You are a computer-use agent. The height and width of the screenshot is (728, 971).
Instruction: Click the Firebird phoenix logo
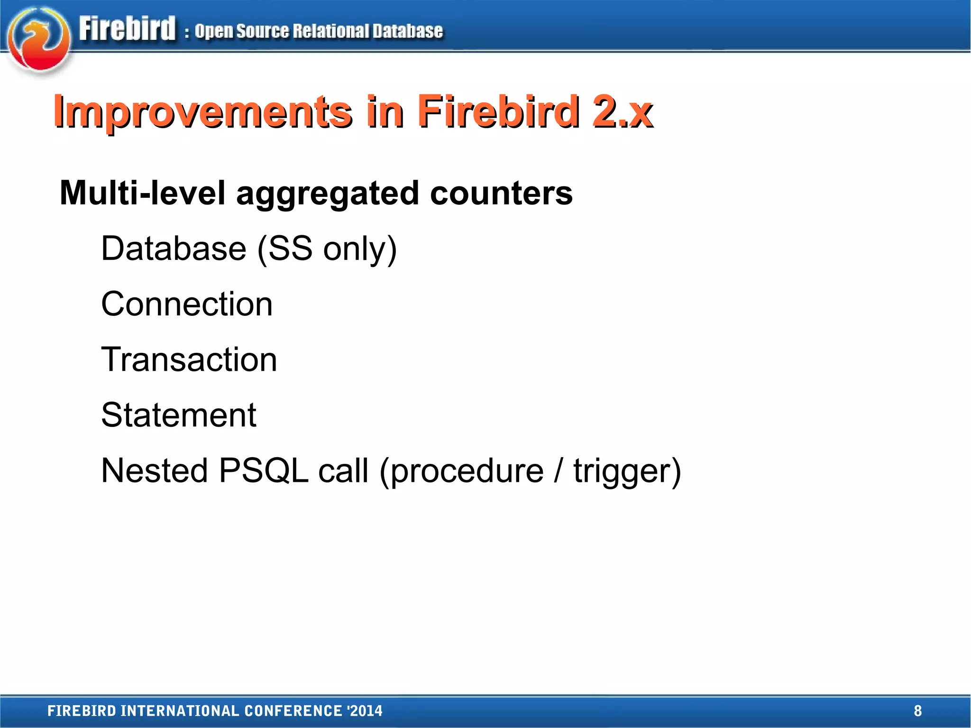(x=39, y=40)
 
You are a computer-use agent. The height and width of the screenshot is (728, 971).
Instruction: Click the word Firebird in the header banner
(x=127, y=28)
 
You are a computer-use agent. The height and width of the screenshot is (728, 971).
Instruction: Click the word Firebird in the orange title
(x=498, y=112)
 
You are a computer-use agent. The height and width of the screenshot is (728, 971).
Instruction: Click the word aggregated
(x=327, y=194)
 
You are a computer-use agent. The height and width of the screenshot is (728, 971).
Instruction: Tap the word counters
(x=501, y=193)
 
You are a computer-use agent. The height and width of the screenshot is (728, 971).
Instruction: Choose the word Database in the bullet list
(x=174, y=249)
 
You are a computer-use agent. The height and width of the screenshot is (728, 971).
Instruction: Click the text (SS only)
(x=327, y=249)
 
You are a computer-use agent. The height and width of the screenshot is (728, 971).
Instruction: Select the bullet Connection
(x=187, y=304)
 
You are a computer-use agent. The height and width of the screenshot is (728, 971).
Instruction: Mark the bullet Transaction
(x=189, y=359)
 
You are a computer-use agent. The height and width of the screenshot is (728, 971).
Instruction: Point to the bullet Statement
(x=179, y=415)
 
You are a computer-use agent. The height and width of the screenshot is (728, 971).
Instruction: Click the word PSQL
(x=264, y=470)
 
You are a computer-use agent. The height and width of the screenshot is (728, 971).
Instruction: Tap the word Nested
(x=155, y=470)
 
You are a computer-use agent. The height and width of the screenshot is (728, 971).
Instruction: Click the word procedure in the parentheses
(x=467, y=471)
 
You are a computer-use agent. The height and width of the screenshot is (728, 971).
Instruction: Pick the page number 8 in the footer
(x=917, y=710)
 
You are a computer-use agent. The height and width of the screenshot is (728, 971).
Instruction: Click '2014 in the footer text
(x=365, y=710)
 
